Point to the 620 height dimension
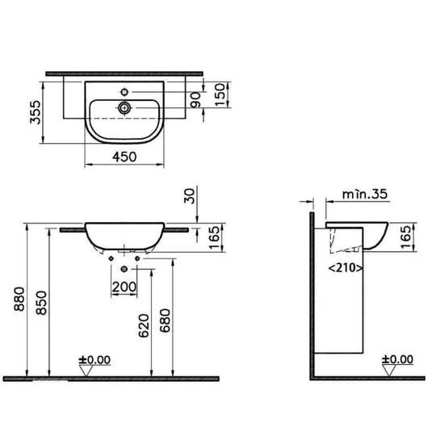(x=142, y=324)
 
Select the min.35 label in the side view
(x=359, y=196)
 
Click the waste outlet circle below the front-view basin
(x=124, y=268)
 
